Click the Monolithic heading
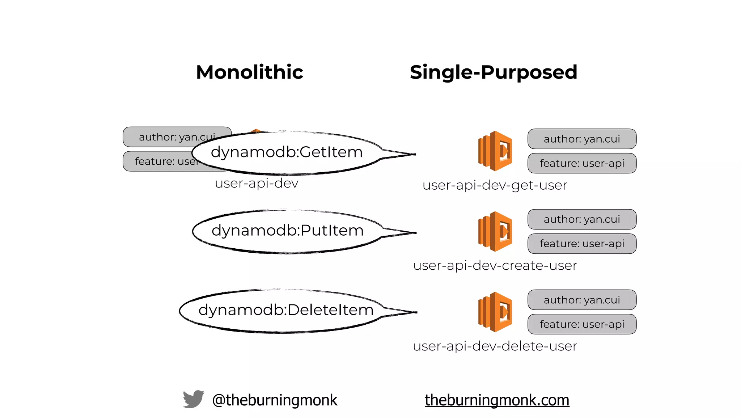coord(249,72)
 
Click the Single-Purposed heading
coord(493,72)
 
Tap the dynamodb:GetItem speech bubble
coord(287,152)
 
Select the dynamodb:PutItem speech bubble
coord(287,231)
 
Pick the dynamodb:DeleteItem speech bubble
coord(286,310)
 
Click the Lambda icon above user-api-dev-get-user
coord(495,151)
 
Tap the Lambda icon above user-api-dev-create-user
coord(495,231)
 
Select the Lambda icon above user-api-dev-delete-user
coord(495,312)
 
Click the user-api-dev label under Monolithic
coord(257,183)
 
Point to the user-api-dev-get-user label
coord(495,185)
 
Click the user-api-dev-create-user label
coord(495,266)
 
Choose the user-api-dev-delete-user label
coord(495,346)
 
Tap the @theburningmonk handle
coord(275,400)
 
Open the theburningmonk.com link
coord(497,400)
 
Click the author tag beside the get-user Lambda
coord(582,139)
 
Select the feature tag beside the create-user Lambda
coord(582,244)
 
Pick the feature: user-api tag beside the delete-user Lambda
coord(582,324)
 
